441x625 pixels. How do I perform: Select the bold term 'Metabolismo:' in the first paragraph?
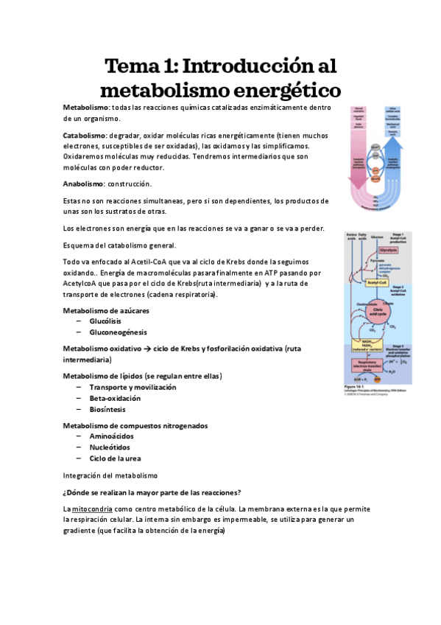86,108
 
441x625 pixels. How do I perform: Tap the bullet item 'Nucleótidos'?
110,447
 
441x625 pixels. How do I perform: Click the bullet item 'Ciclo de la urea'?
116,458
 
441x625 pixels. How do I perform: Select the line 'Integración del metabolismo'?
110,476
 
